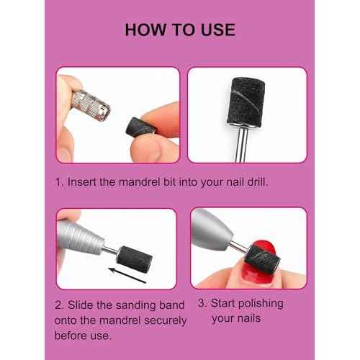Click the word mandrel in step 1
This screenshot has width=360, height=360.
[146, 181]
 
